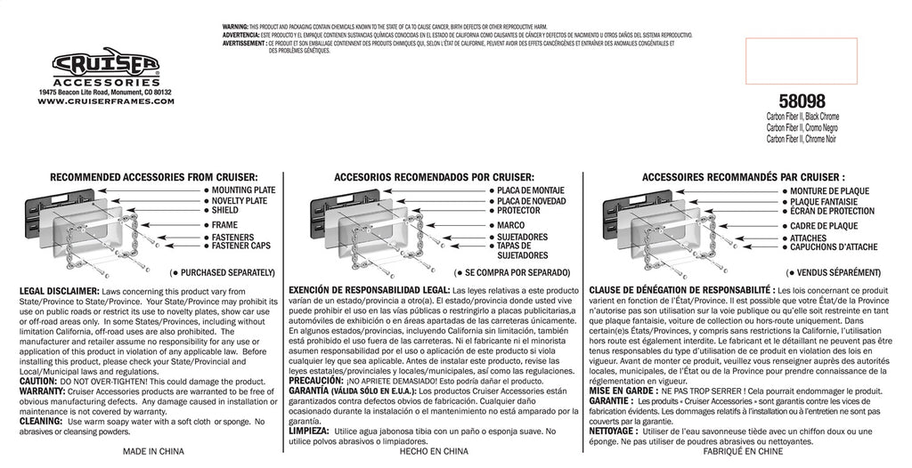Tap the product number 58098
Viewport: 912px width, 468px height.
pyautogui.click(x=801, y=102)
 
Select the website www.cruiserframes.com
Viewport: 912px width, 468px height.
pyautogui.click(x=106, y=101)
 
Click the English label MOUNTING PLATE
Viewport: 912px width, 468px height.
pyautogui.click(x=244, y=190)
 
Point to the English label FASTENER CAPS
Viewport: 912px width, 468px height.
pyautogui.click(x=245, y=246)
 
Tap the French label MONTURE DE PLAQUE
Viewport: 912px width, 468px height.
pyautogui.click(x=829, y=191)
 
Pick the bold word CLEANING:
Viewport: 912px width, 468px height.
pyautogui.click(x=42, y=422)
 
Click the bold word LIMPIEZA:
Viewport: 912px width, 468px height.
pyautogui.click(x=313, y=429)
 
